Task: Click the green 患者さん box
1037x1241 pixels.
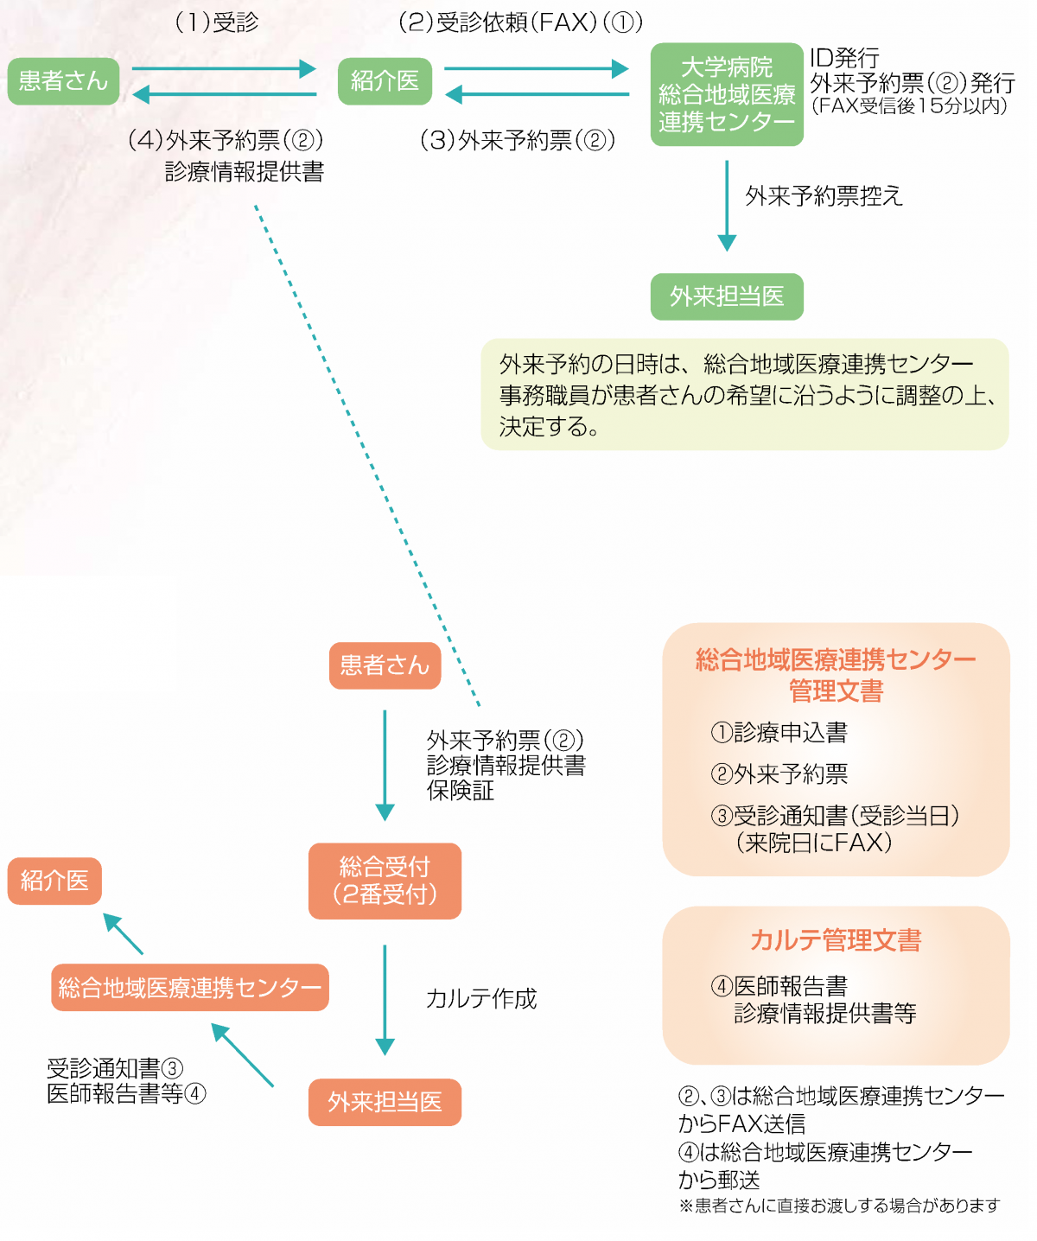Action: pyautogui.click(x=64, y=81)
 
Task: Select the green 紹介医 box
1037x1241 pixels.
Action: pyautogui.click(x=385, y=81)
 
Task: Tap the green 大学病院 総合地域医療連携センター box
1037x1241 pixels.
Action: pyautogui.click(x=726, y=94)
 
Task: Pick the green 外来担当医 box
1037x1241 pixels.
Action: pyautogui.click(x=726, y=296)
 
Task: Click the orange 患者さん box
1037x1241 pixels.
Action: pyautogui.click(x=385, y=665)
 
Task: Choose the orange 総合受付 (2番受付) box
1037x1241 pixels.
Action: pyautogui.click(x=385, y=881)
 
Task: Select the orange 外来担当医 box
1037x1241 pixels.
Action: pyautogui.click(x=385, y=1103)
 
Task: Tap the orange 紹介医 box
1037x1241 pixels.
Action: pyautogui.click(x=54, y=881)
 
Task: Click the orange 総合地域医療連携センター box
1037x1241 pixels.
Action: pyautogui.click(x=189, y=987)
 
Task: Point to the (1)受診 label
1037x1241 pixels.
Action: pyautogui.click(x=217, y=22)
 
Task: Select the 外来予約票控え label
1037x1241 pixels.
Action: pyautogui.click(x=824, y=195)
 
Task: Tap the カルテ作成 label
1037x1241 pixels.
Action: pyautogui.click(x=480, y=998)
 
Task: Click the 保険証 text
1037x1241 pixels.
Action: pyautogui.click(x=460, y=791)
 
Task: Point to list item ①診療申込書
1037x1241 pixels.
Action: pyautogui.click(x=779, y=732)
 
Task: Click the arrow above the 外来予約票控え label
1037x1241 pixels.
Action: pyautogui.click(x=726, y=206)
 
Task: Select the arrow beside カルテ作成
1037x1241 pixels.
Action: pyautogui.click(x=385, y=1000)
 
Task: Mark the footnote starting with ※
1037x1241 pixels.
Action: pyautogui.click(x=839, y=1206)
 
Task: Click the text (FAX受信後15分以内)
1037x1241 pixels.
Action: pyautogui.click(x=909, y=105)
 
